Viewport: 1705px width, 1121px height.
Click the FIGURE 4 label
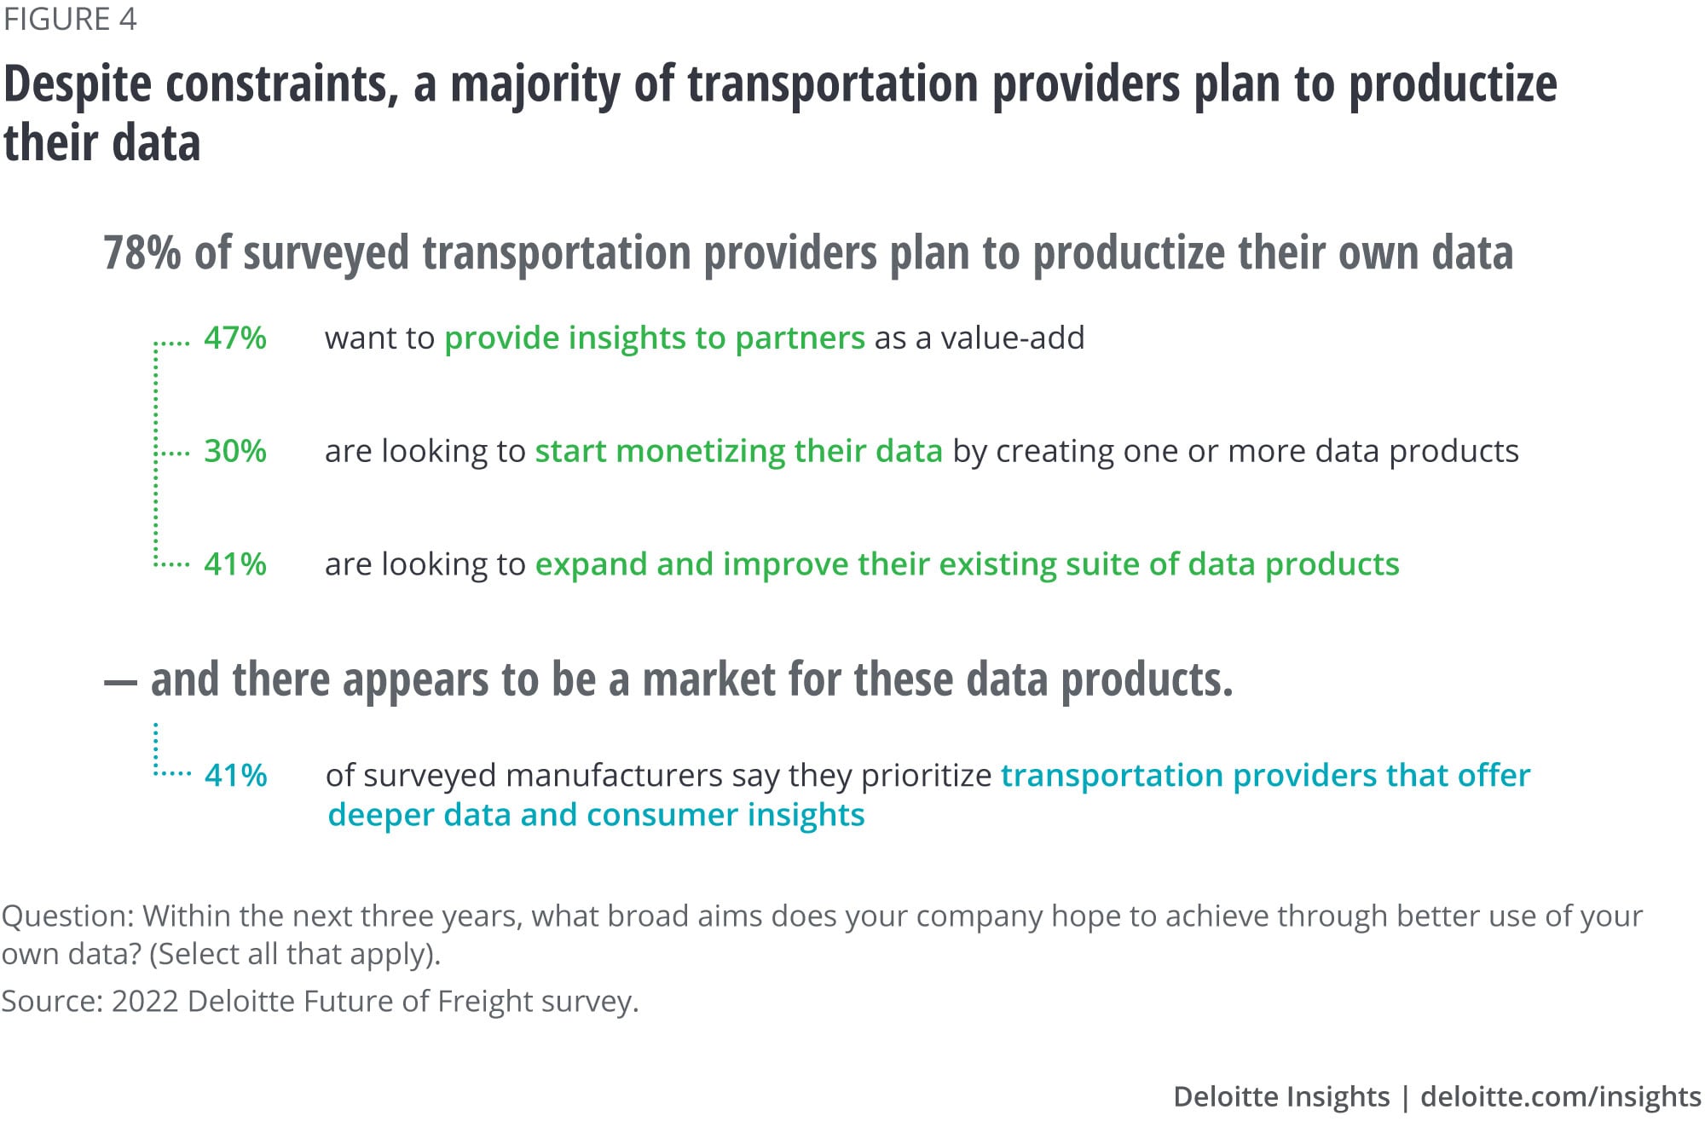pyautogui.click(x=70, y=19)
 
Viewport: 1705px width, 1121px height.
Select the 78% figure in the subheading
pyautogui.click(x=142, y=252)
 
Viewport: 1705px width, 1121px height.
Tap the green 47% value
pyautogui.click(x=235, y=338)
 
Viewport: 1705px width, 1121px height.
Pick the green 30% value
pyautogui.click(x=235, y=451)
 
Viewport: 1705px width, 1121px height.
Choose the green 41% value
pyautogui.click(x=235, y=564)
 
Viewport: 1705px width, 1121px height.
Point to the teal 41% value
pyautogui.click(x=236, y=776)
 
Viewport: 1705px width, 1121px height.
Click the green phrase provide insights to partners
pyautogui.click(x=655, y=338)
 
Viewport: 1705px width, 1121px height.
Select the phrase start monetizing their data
pyautogui.click(x=738, y=451)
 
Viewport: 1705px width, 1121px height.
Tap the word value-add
pyautogui.click(x=1013, y=338)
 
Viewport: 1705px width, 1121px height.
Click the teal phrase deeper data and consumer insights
pyautogui.click(x=596, y=815)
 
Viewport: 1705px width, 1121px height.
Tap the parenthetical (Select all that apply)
pyautogui.click(x=295, y=954)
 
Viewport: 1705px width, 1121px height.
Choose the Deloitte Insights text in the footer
pyautogui.click(x=1281, y=1096)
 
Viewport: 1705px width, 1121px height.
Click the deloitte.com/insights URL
pyautogui.click(x=1561, y=1096)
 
